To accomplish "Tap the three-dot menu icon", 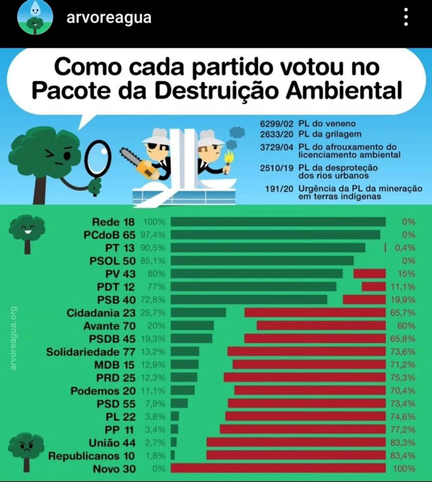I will pyautogui.click(x=407, y=18).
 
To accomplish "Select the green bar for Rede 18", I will pyautogui.click(x=278, y=222).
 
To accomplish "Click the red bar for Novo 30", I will pyautogui.click(x=278, y=469).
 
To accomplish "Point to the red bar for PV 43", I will pyautogui.click(x=369, y=274).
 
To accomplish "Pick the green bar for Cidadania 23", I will pyautogui.click(x=198, y=313).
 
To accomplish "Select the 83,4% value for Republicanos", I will pyautogui.click(x=403, y=455).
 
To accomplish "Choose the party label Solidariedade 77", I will pyautogui.click(x=91, y=352).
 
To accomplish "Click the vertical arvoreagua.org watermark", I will pyautogui.click(x=13, y=338).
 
